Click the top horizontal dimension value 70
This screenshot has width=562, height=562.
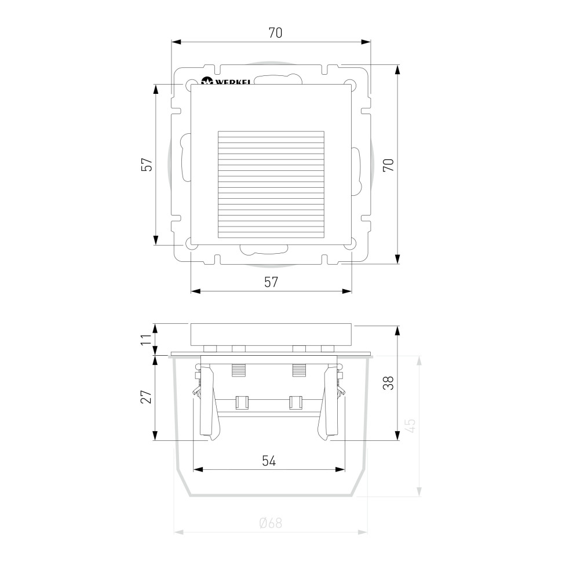(275, 33)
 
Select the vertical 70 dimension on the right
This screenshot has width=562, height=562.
(388, 165)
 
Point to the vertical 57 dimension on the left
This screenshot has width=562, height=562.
(147, 165)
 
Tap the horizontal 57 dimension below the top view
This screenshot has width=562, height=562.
(271, 282)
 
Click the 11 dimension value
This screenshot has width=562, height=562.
(146, 339)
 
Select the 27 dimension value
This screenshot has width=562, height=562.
(146, 397)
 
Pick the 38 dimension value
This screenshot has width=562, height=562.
(388, 383)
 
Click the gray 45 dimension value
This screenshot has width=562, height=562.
(411, 425)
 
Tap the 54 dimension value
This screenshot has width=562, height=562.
(269, 461)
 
